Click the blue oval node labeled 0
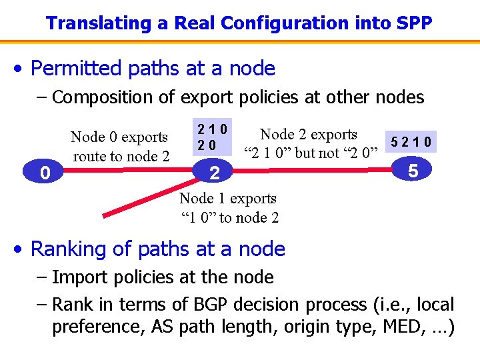point(44,173)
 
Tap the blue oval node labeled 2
point(214,173)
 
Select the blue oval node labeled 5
point(413,171)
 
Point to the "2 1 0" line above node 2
point(211,128)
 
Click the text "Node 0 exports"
point(119,137)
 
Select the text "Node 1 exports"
point(228,198)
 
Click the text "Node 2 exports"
point(309,135)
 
